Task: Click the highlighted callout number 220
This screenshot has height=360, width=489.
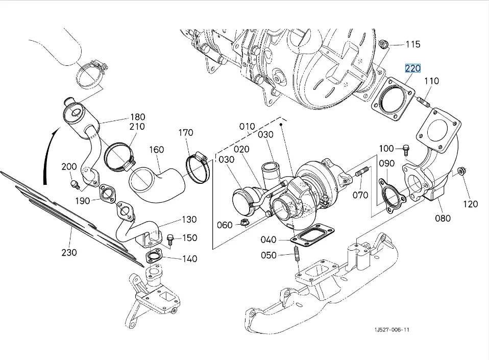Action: coord(413,68)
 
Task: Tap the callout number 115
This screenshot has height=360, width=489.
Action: coord(412,44)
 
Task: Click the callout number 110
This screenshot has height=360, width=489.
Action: coord(431,81)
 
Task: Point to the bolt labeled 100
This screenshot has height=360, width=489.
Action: coord(406,151)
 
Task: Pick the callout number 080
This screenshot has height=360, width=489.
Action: coord(443,218)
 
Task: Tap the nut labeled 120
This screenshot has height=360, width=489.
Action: coord(461,171)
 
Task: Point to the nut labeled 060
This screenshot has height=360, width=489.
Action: coord(243,224)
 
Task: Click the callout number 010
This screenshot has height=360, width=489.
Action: coord(247,126)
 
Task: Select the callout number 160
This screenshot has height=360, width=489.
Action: coord(156,150)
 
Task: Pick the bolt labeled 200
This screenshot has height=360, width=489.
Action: coord(74,182)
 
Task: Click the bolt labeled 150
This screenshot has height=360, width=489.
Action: coord(170,238)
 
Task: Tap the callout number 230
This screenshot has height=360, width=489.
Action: coord(69,252)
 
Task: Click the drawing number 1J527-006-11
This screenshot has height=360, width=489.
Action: coord(392,329)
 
